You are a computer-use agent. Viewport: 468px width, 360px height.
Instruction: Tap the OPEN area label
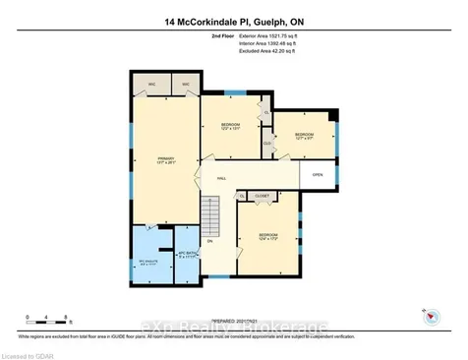(318, 175)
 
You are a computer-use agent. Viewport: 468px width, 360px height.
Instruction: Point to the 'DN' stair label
(209, 241)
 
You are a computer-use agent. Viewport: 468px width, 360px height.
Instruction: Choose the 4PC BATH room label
(188, 254)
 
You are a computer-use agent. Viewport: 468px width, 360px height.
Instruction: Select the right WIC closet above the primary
(184, 84)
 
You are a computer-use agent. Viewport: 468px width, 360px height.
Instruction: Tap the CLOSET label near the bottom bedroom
(262, 197)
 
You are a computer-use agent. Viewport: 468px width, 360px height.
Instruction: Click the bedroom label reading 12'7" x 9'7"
(303, 136)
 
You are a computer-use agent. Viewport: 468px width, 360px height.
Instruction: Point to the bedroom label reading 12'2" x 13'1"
(230, 128)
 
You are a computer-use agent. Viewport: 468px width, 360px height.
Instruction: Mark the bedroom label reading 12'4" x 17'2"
(268, 236)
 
